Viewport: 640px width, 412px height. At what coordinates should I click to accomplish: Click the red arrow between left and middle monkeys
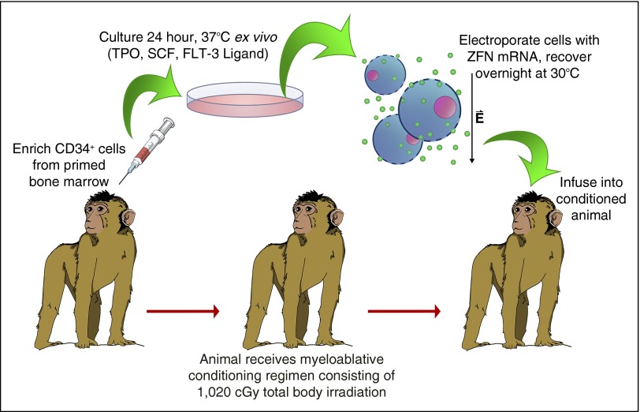[182, 312]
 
